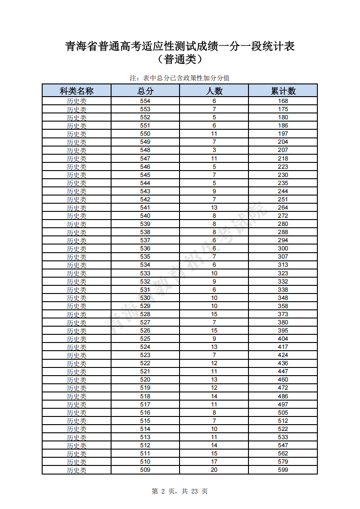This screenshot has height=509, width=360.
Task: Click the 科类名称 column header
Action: (77, 91)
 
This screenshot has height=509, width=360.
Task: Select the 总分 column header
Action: (145, 91)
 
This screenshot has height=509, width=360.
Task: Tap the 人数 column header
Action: (214, 91)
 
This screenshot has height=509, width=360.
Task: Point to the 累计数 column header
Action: (283, 91)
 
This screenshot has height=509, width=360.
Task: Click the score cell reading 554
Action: (145, 101)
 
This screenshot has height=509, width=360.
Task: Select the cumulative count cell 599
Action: (283, 470)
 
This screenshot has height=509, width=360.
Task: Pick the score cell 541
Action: (145, 207)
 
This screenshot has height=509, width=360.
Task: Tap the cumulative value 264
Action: (283, 207)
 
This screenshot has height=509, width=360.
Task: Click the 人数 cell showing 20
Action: (214, 470)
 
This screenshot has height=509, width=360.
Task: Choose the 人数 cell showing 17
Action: (214, 462)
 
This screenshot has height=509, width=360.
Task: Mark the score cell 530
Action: (145, 298)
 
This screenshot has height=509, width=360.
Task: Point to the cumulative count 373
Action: (283, 314)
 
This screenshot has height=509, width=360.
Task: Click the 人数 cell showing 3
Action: (214, 150)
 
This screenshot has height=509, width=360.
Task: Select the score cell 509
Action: (145, 470)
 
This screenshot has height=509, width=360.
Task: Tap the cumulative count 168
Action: (283, 101)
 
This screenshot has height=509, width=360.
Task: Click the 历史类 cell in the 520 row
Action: (77, 380)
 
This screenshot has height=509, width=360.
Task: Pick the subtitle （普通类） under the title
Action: (180, 59)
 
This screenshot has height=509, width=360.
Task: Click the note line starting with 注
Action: (180, 78)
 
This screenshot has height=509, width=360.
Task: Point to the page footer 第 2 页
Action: (180, 491)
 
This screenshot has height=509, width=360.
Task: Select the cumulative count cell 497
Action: (283, 404)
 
